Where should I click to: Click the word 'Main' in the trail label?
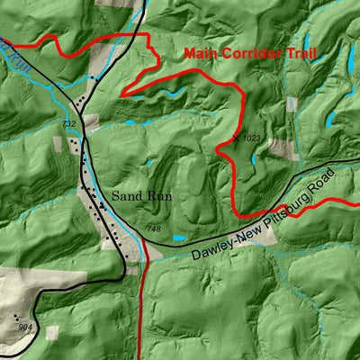pyautogui.click(x=201, y=53)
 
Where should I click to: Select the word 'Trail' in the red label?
pyautogui.click(x=301, y=53)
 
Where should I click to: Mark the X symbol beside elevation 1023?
pyautogui.click(x=237, y=137)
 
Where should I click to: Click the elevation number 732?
pyautogui.click(x=69, y=124)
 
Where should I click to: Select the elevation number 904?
pyautogui.click(x=25, y=327)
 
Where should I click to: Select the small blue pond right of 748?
pyautogui.click(x=179, y=238)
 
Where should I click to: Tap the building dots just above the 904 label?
pyautogui.click(x=18, y=317)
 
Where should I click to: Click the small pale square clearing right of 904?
pyautogui.click(x=51, y=332)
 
